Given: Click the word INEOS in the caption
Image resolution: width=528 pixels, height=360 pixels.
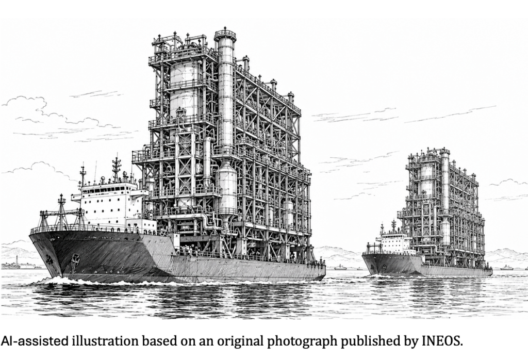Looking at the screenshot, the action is pyautogui.click(x=442, y=341).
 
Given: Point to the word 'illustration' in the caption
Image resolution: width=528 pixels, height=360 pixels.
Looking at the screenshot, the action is pyautogui.click(x=105, y=341).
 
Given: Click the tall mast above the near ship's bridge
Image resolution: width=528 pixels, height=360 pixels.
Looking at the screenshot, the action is pyautogui.click(x=117, y=170).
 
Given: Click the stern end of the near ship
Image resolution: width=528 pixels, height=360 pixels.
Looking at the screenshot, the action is pyautogui.click(x=322, y=269).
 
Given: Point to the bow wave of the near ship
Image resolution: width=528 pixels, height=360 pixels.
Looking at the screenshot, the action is pyautogui.click(x=57, y=280).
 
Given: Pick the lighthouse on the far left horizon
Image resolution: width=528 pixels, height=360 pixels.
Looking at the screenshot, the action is pyautogui.click(x=16, y=261).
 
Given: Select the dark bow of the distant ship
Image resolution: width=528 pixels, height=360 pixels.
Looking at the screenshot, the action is pyautogui.click(x=377, y=265).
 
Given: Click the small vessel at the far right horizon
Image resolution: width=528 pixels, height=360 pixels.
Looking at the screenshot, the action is pyautogui.click(x=506, y=268).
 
